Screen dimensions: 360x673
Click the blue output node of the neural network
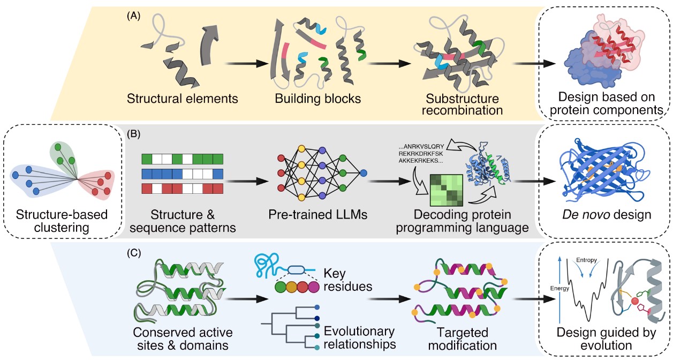[x=364, y=173]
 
